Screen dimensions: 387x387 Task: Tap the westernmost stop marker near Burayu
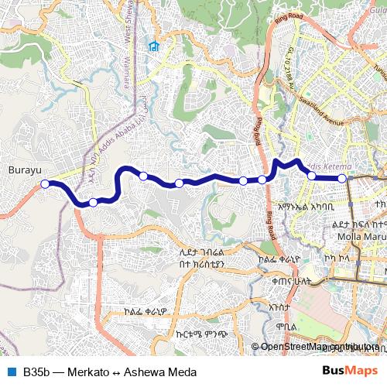[45, 183]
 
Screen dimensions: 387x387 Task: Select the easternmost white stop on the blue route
[342, 178]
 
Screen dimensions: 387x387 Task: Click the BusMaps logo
[350, 372]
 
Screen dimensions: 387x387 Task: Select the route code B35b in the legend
[36, 372]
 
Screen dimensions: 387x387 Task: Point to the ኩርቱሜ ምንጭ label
[190, 335]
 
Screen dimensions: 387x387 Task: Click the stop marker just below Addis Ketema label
[312, 176]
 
